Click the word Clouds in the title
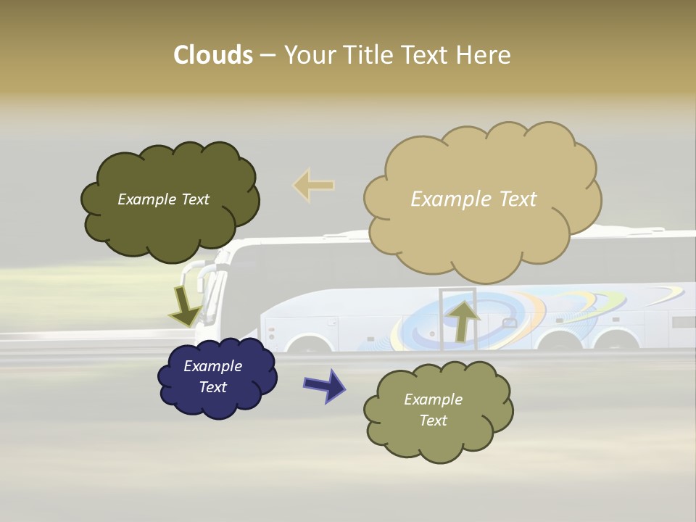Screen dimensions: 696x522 (212, 55)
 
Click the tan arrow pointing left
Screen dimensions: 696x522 (314, 185)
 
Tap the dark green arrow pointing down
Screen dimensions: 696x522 (184, 307)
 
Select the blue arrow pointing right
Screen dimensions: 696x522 (324, 385)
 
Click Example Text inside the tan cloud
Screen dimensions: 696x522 (473, 199)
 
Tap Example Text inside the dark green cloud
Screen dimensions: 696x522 (163, 199)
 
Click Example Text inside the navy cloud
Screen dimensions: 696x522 (212, 376)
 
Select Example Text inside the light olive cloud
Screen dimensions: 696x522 (433, 410)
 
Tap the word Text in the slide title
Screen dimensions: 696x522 (426, 55)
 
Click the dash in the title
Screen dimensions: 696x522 (267, 56)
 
